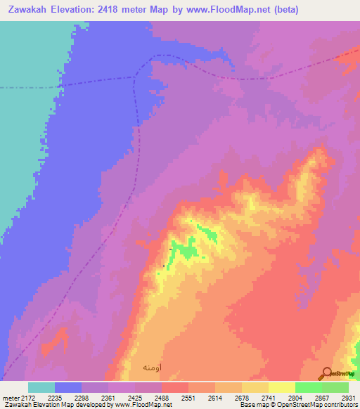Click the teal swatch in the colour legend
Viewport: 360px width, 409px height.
pyautogui.click(x=41, y=387)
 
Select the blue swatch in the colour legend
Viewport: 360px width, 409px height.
pyautogui.click(x=68, y=387)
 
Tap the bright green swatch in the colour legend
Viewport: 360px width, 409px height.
pyautogui.click(x=308, y=387)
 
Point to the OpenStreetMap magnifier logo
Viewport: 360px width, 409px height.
pyautogui.click(x=327, y=374)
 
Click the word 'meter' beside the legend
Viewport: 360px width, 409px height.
pyautogui.click(x=11, y=397)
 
